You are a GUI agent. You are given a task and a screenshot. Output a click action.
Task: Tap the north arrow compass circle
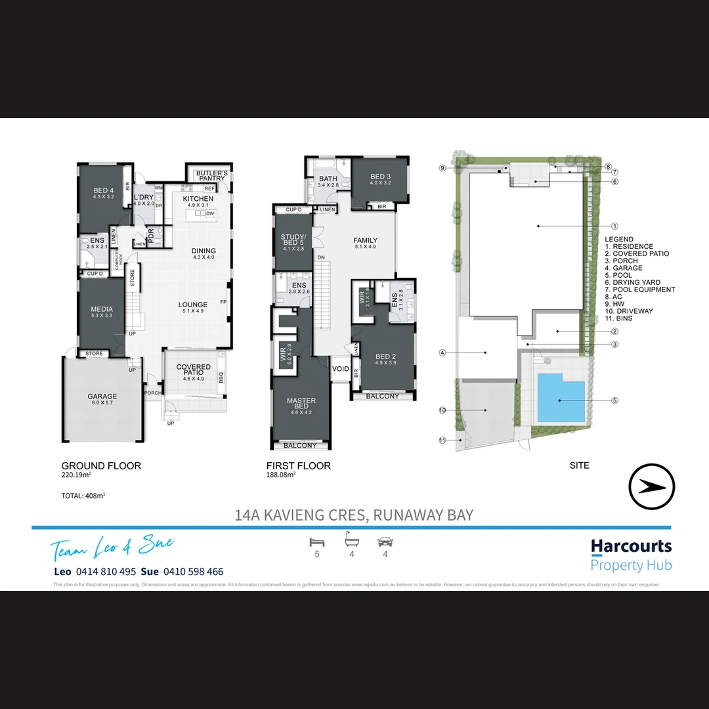click(x=652, y=486)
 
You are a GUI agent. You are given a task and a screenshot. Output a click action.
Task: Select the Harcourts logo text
click(x=631, y=546)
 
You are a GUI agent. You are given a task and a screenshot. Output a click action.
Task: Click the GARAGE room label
click(x=102, y=397)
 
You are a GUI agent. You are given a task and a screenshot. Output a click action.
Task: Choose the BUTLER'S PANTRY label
click(x=211, y=175)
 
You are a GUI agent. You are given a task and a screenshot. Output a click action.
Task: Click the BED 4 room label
click(x=104, y=190)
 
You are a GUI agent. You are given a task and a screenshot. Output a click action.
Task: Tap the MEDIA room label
click(x=102, y=309)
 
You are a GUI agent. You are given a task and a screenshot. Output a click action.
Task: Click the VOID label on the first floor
click(x=341, y=369)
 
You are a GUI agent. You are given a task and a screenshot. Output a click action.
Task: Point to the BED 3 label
click(x=380, y=177)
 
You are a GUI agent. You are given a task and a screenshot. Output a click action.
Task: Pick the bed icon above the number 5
click(x=317, y=542)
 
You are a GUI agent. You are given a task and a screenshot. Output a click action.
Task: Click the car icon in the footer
click(x=385, y=542)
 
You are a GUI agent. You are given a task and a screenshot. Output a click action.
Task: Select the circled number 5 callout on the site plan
click(x=614, y=400)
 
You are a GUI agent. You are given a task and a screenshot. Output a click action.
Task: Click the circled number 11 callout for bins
click(x=443, y=440)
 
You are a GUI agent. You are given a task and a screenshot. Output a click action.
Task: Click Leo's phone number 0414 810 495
click(x=106, y=572)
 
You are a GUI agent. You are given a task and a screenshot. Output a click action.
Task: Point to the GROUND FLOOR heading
click(x=101, y=465)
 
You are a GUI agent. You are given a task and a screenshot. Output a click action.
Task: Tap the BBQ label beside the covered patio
click(x=221, y=378)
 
